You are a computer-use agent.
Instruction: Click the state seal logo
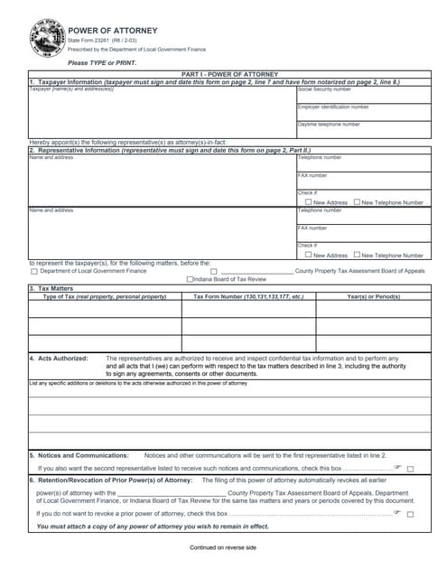44,40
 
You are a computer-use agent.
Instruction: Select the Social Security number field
364,96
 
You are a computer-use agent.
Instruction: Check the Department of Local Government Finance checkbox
34,271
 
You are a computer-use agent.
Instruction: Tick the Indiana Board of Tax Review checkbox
187,280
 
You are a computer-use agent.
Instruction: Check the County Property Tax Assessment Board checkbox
213,271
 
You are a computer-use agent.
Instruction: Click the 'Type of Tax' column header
105,296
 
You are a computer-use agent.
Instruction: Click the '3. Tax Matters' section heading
55,289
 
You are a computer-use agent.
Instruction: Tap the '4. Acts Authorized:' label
58,358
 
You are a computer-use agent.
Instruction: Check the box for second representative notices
410,470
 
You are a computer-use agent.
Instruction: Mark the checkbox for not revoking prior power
410,514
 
